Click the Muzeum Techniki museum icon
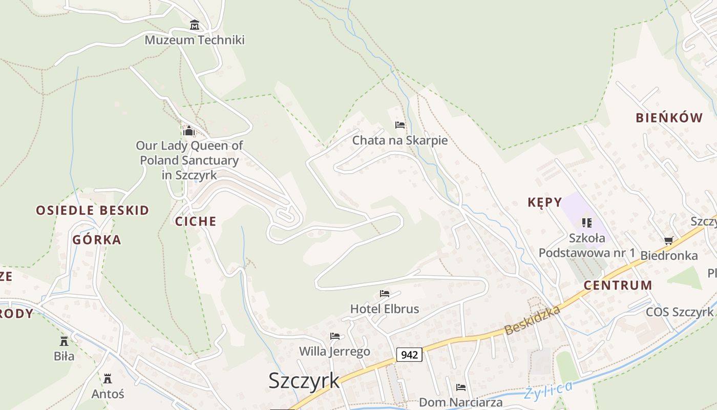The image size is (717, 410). point(195,25)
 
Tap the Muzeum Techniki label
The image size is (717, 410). point(195,40)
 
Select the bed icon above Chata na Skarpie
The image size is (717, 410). point(400,125)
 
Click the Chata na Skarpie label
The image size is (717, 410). point(400,140)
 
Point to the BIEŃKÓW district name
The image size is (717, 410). point(669,118)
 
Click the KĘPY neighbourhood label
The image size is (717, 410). point(545,202)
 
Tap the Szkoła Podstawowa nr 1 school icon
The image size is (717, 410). point(587,223)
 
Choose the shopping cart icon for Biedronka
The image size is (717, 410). point(668,240)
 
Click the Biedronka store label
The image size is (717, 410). point(669,255)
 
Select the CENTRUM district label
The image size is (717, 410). point(618,285)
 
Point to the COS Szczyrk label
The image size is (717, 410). point(679,312)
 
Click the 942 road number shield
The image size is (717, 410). point(409,354)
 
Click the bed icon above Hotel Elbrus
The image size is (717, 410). point(385,294)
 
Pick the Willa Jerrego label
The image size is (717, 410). point(334,352)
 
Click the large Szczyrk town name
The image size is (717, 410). point(304,381)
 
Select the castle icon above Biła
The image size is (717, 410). point(64,341)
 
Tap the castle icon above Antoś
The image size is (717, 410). point(108,379)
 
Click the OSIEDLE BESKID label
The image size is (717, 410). point(93,210)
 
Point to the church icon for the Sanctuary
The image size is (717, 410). point(189,131)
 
